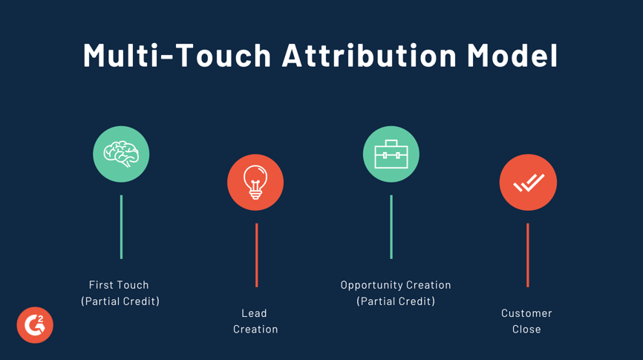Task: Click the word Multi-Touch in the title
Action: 177,56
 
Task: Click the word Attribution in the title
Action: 369,56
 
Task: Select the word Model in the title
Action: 512,56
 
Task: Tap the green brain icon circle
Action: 121,154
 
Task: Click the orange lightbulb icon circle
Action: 255,183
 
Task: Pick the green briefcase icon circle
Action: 391,154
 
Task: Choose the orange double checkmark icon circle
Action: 528,183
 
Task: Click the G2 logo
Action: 35,325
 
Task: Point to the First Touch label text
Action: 119,285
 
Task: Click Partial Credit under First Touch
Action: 120,301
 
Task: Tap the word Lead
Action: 254,313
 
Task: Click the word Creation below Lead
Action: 255,330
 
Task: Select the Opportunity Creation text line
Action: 396,285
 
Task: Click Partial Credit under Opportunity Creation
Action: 396,301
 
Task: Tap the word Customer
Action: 526,313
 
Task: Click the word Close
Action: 526,330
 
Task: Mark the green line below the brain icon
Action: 121,227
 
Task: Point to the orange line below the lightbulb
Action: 256,255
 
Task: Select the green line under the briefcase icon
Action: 391,227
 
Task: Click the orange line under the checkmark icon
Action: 528,255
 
